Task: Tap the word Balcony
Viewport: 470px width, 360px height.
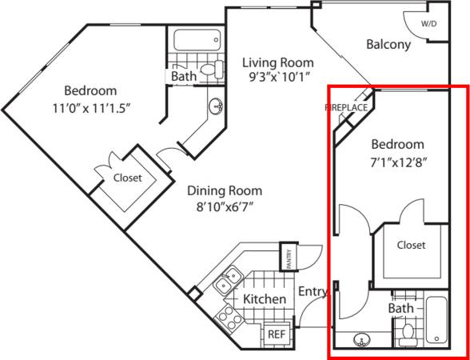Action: tap(388, 45)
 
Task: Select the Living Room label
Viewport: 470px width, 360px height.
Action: tap(277, 62)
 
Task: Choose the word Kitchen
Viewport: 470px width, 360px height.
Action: tap(265, 299)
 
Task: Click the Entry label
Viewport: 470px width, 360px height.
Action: tap(313, 293)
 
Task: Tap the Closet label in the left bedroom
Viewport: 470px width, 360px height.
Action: tap(127, 178)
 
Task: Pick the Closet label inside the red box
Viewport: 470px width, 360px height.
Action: tap(411, 245)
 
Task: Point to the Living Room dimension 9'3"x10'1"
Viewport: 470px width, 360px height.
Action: tap(277, 78)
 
